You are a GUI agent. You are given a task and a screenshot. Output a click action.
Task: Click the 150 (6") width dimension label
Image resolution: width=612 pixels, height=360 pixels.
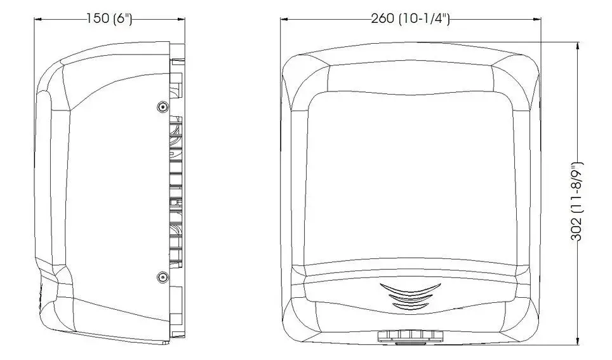coord(109,18)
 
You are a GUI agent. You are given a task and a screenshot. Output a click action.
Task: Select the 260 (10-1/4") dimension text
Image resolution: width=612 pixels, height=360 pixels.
coord(410,18)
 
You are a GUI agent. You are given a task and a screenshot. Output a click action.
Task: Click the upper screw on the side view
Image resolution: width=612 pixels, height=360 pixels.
coord(163,107)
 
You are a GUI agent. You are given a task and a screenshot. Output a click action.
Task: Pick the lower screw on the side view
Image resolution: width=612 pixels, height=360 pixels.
coord(163,277)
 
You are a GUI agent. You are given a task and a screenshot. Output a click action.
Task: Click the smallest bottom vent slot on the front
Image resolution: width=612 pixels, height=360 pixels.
coord(410,307)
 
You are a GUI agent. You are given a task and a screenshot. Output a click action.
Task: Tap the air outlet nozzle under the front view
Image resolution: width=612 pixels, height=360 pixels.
coord(410,337)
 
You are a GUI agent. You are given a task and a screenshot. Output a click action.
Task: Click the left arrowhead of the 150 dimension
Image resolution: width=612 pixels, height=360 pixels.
coord(38,19)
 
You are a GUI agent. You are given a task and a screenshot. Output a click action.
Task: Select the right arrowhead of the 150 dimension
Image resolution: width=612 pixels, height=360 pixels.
coord(181,19)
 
